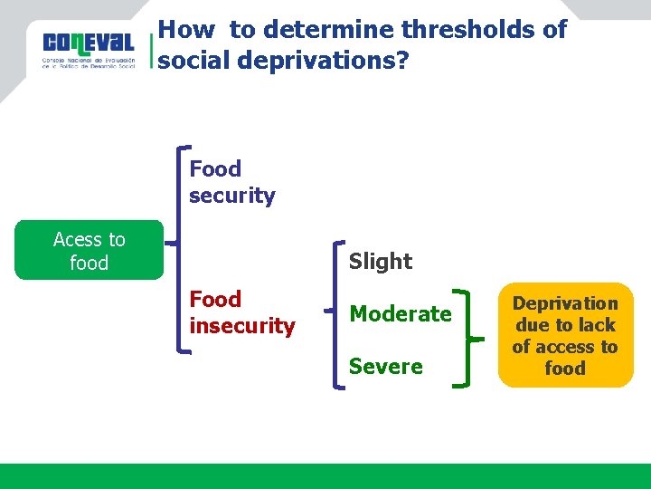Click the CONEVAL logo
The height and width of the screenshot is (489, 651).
tap(89, 49)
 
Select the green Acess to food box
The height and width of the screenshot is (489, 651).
tap(89, 250)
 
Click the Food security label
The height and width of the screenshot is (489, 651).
tap(231, 182)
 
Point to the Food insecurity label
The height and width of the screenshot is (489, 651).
tap(241, 312)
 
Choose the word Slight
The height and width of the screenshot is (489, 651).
tap(380, 262)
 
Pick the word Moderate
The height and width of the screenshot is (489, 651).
tap(400, 314)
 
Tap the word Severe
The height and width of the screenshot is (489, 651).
tap(385, 367)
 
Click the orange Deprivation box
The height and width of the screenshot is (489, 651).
tap(565, 335)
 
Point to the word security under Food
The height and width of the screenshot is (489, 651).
tap(231, 196)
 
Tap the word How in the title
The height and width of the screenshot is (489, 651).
tap(185, 30)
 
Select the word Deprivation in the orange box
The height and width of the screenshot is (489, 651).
tap(565, 303)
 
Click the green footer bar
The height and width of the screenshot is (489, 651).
tap(325, 475)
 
